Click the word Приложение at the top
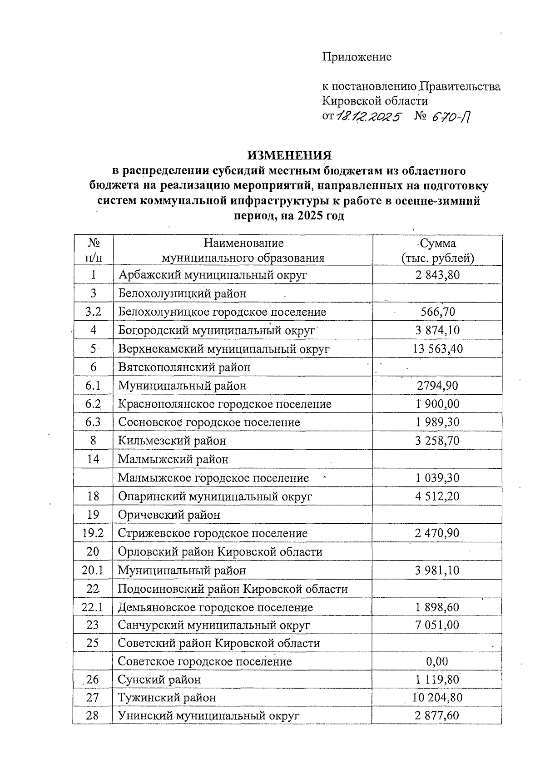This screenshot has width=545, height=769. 357,57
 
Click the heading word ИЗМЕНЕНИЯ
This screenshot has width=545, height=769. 289,156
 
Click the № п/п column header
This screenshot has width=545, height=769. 93,250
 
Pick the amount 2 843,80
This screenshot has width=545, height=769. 437,275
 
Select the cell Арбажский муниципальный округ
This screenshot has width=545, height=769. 213,275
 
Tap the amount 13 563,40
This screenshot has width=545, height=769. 437,349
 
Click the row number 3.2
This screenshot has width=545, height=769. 93,312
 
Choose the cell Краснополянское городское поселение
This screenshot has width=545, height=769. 225,404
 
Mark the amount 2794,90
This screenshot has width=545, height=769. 437,386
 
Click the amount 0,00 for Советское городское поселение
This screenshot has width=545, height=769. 437,661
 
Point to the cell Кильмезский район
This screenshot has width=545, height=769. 172,441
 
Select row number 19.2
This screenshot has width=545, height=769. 93,533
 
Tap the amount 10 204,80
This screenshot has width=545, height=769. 437,697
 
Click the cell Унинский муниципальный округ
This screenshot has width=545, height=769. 208,715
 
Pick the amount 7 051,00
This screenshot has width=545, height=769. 437,625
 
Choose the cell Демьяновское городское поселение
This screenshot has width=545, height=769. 215,607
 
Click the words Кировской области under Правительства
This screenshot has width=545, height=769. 375,101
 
